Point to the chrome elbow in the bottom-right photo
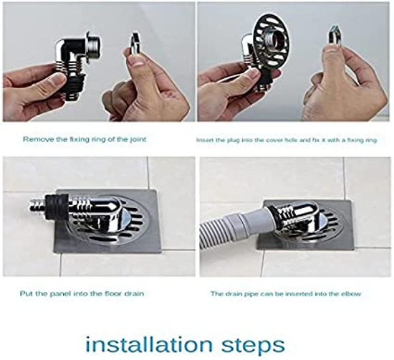[301, 215]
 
